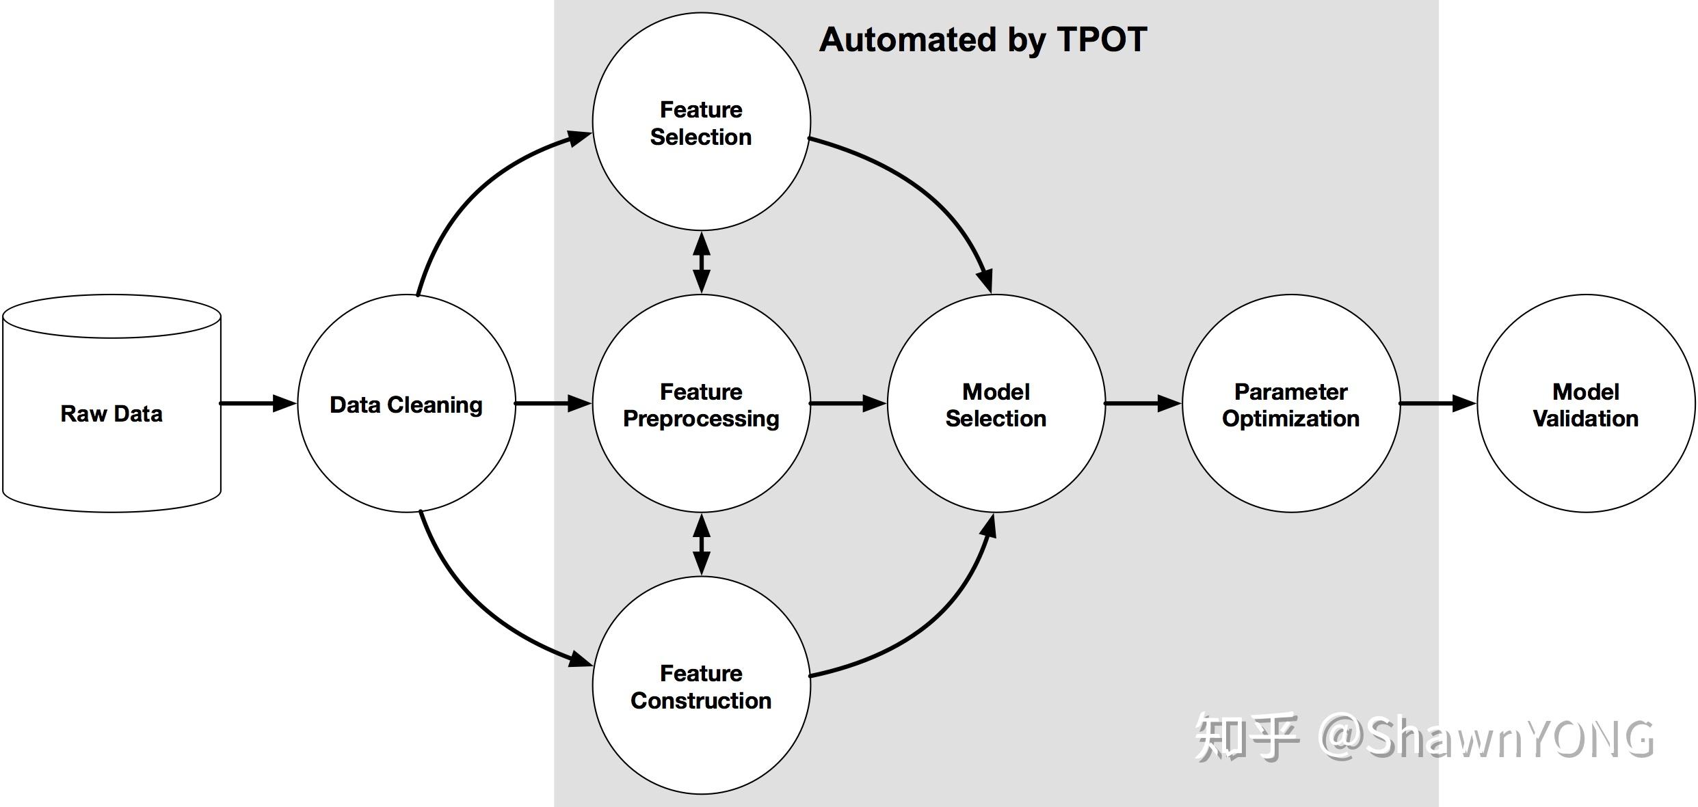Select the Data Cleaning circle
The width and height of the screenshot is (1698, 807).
406,404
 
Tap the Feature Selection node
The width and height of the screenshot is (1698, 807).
701,122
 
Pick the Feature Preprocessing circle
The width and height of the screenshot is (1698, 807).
701,404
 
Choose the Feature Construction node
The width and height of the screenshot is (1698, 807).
701,685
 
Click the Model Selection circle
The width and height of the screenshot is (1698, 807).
996,404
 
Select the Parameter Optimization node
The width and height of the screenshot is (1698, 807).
1290,404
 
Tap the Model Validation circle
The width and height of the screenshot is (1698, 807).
1585,404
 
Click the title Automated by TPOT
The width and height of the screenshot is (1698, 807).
983,40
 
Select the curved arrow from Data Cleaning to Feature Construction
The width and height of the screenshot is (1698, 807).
472,608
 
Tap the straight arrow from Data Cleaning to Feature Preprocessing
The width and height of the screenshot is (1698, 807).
553,403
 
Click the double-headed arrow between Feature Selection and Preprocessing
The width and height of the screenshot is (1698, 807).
702,262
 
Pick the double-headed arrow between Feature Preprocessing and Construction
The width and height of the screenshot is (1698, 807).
702,545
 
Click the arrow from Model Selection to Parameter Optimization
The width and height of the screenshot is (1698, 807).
1143,403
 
